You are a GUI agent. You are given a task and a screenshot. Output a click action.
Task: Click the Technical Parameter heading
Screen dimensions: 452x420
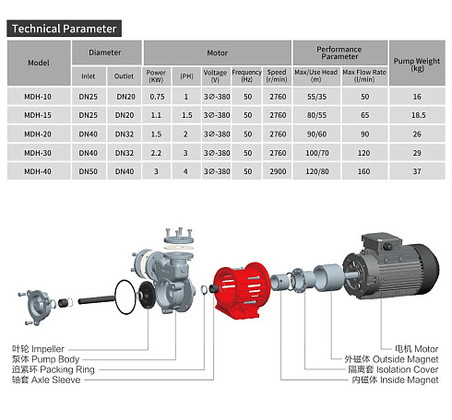(x=64, y=29)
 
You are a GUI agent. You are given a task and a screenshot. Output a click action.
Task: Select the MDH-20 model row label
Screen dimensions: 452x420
(x=38, y=134)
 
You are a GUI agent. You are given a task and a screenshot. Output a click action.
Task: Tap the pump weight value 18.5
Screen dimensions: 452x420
(x=419, y=115)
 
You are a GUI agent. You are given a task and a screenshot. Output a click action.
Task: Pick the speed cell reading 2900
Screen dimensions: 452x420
(x=278, y=171)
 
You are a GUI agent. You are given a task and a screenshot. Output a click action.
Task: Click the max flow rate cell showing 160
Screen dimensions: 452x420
(x=363, y=171)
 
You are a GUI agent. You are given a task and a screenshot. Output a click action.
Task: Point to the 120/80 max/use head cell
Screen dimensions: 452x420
(x=317, y=171)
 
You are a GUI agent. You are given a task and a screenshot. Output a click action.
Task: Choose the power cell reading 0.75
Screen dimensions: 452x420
(x=157, y=97)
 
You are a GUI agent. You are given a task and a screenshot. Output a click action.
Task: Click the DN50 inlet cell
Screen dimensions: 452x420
(x=89, y=171)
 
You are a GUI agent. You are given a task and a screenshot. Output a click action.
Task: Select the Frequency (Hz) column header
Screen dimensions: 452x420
(x=246, y=76)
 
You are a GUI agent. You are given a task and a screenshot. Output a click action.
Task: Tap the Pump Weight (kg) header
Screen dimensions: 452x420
(x=417, y=64)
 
